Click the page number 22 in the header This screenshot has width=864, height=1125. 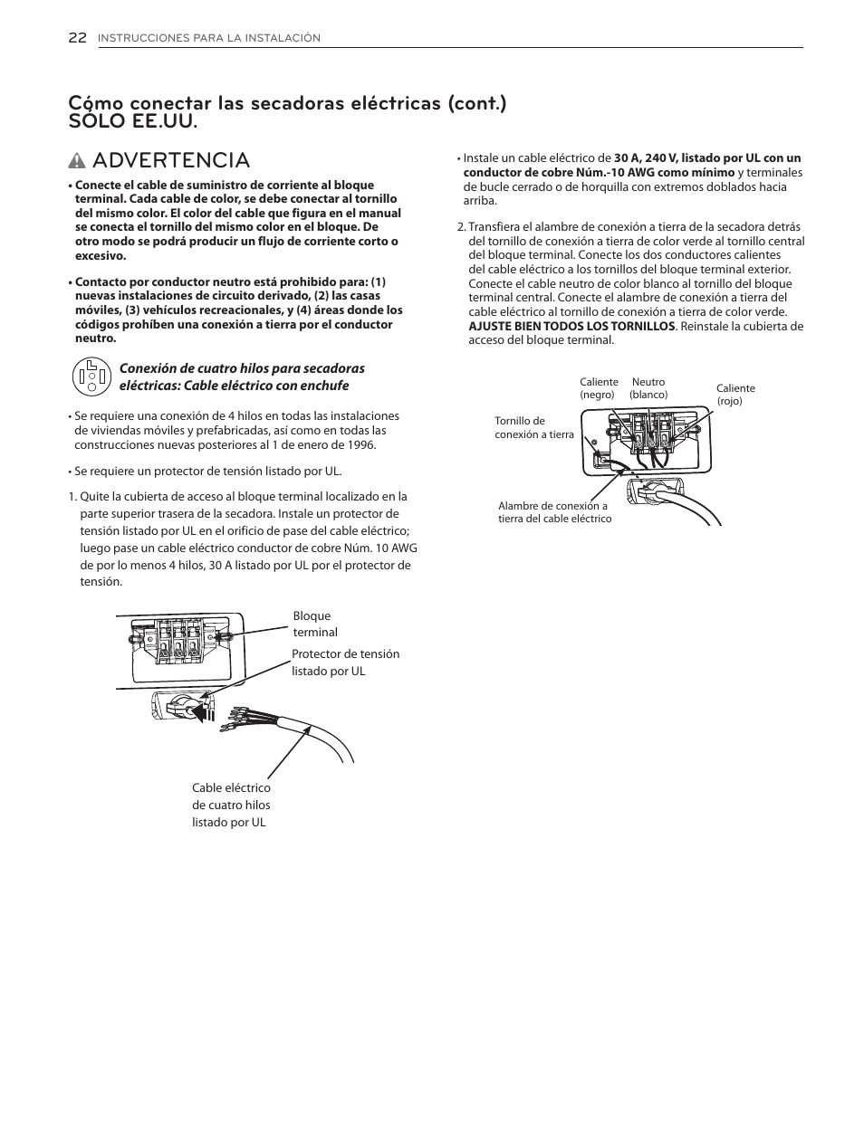[77, 37]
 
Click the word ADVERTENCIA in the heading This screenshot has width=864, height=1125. [170, 160]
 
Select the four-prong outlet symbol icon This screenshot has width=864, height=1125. [91, 377]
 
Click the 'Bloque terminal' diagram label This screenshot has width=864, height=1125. [314, 624]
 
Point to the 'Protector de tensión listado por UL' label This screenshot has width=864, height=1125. [344, 662]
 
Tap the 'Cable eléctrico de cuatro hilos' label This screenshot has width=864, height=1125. [230, 805]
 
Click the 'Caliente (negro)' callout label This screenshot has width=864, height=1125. [599, 388]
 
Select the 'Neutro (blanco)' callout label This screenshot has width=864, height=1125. [648, 388]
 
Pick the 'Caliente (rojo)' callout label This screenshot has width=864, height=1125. [734, 394]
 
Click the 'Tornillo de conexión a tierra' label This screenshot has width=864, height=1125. [533, 427]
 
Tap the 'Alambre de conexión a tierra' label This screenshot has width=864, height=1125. [554, 512]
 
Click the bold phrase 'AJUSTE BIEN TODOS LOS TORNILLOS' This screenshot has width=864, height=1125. [571, 326]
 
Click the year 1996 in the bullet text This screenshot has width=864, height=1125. [360, 444]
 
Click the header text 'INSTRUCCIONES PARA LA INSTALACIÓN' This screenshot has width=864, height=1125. [209, 38]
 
